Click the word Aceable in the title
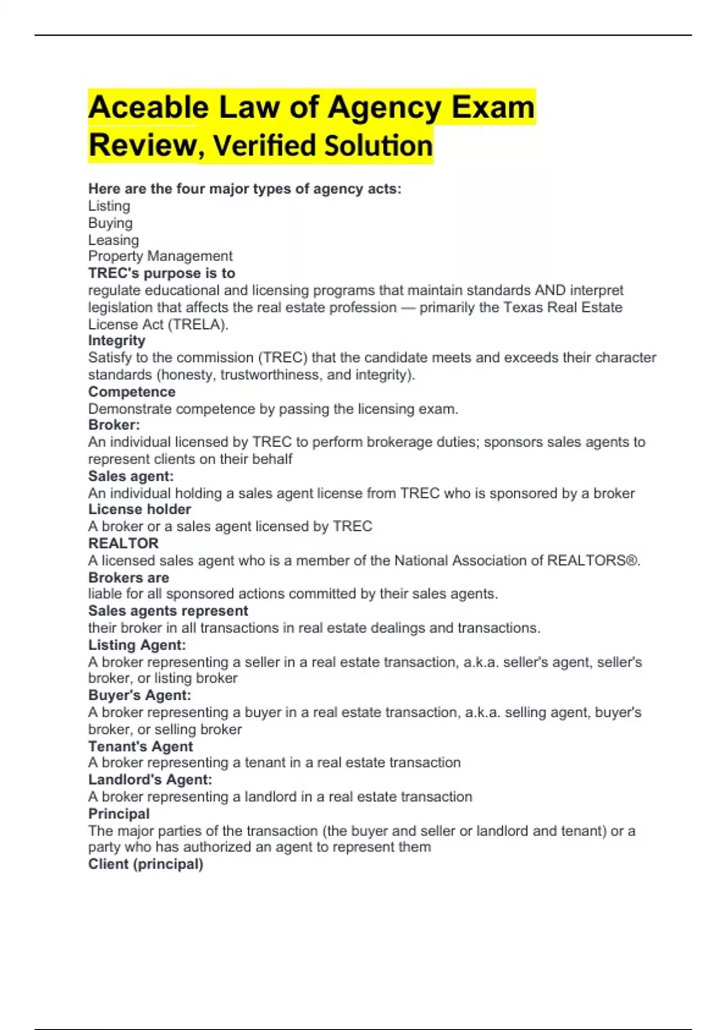point(148,108)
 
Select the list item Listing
point(109,206)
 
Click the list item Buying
point(110,223)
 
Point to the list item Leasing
point(113,240)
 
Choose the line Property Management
point(160,256)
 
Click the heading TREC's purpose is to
point(161,273)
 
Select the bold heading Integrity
point(117,341)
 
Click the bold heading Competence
point(131,392)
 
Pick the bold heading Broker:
point(114,425)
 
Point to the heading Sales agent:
point(131,476)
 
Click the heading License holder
point(139,510)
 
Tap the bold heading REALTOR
point(124,543)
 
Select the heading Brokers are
point(128,577)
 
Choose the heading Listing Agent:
point(137,645)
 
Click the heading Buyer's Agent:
point(139,696)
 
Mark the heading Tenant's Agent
point(141,746)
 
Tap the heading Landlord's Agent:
point(150,780)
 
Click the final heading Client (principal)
point(145,864)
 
